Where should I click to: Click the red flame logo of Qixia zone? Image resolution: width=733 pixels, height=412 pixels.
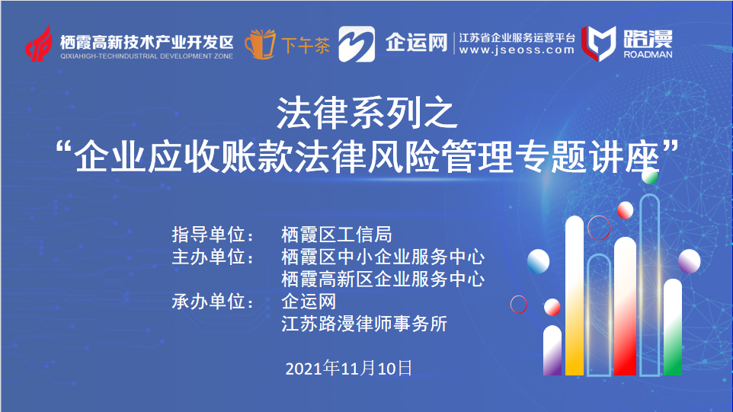(x=38, y=43)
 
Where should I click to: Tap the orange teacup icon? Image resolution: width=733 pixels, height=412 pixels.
(x=261, y=44)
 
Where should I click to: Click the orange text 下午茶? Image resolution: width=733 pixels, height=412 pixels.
(x=306, y=45)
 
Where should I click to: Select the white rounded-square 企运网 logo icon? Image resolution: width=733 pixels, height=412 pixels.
(x=357, y=44)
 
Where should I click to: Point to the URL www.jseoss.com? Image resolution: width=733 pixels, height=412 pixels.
(x=517, y=50)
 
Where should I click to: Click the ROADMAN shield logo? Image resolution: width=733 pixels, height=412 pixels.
(x=598, y=43)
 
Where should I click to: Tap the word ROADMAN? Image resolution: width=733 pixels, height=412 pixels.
(x=648, y=54)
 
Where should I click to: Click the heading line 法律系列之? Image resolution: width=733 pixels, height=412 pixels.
(x=367, y=113)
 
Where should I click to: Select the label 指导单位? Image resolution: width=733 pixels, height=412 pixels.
(x=213, y=235)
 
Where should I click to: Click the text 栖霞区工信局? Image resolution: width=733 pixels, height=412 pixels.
(x=337, y=235)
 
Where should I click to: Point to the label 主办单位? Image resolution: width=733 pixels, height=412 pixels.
(x=213, y=257)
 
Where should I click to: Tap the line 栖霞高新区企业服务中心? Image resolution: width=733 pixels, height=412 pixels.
(x=383, y=279)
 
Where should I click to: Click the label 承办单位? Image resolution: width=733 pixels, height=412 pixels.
(x=213, y=302)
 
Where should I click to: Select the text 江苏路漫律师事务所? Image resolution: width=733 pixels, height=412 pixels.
(x=364, y=324)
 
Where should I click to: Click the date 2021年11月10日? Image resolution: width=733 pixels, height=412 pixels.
(x=349, y=368)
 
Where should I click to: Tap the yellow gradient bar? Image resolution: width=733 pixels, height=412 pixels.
(x=575, y=295)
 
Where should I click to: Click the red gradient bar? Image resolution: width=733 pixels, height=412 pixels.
(x=625, y=306)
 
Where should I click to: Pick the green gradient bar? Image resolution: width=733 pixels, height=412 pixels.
(x=673, y=327)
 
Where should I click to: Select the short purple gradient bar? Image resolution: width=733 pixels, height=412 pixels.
(x=552, y=350)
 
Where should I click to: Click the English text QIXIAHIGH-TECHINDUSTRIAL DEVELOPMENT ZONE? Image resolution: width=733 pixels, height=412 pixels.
(x=146, y=56)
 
